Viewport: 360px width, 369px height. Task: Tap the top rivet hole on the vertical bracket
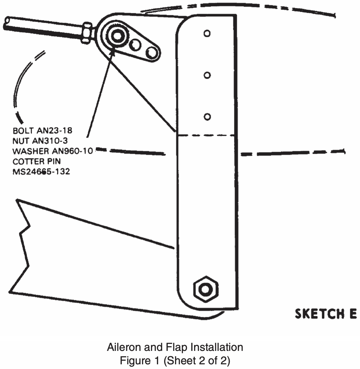click(207, 33)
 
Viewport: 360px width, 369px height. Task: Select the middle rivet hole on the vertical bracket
click(207, 75)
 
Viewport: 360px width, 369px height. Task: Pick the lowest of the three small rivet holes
click(207, 117)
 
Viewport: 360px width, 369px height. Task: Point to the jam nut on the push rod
click(86, 32)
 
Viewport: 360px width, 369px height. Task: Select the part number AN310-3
click(50, 140)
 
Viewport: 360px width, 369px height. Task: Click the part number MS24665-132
click(41, 171)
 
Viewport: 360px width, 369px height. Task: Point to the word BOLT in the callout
click(22, 130)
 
